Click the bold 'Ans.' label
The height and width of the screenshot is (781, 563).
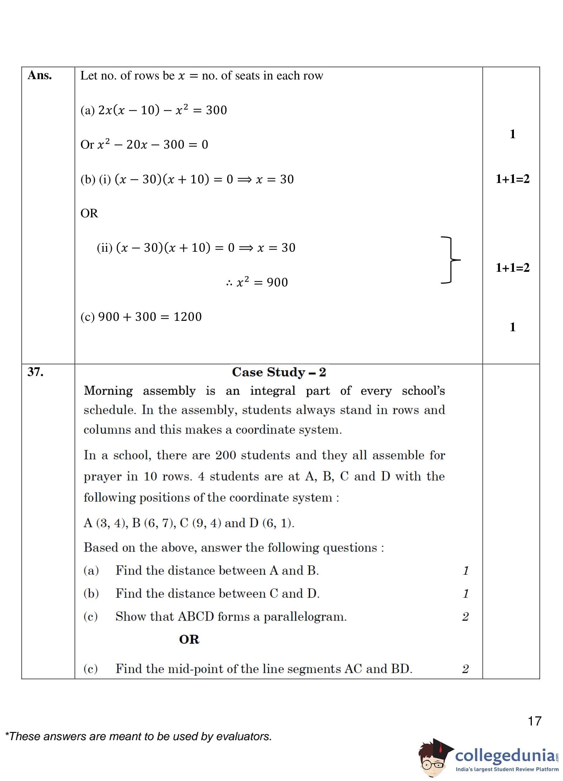[x=40, y=75]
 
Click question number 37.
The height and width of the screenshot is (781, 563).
[x=35, y=372]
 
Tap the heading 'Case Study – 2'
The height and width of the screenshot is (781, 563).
[x=279, y=372]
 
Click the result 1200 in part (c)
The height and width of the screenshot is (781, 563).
[x=187, y=317]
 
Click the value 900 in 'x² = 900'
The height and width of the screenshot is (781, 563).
[x=277, y=282]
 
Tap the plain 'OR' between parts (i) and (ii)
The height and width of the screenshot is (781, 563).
[x=89, y=213]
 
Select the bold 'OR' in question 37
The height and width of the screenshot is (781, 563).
[x=189, y=639]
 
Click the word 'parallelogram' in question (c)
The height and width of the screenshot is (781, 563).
[x=305, y=617]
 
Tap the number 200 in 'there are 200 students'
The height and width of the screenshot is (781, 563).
[x=226, y=455]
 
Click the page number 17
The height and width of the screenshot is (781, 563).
[x=534, y=721]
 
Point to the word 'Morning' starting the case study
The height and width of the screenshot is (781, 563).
[x=108, y=391]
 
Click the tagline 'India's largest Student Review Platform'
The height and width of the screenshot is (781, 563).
[x=507, y=769]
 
